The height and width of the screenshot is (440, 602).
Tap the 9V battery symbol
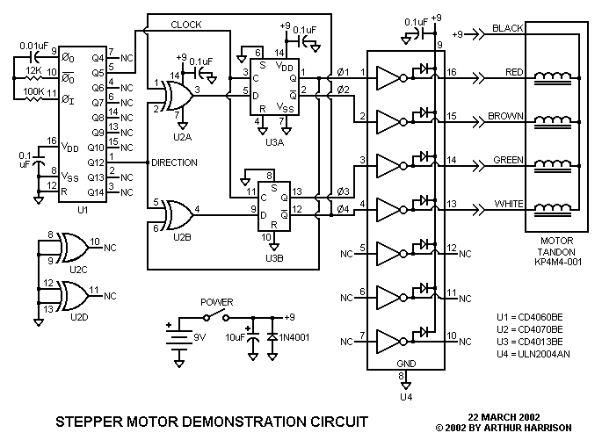(179, 338)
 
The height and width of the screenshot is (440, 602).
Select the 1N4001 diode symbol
(272, 337)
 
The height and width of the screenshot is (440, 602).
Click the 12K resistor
(33, 78)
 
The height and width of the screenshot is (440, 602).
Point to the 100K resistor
(33, 99)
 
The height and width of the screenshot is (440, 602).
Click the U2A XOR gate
(178, 96)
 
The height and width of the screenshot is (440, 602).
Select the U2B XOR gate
(178, 215)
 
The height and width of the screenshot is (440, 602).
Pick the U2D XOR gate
(74, 296)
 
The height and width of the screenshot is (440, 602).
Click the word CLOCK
(186, 25)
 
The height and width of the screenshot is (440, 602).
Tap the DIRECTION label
(174, 162)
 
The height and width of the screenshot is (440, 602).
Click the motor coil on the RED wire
(553, 78)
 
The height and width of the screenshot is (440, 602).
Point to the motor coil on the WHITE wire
(553, 209)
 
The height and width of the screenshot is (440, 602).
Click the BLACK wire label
(508, 28)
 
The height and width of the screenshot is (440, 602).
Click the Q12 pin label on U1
(96, 162)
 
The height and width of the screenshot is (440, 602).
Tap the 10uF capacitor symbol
(252, 340)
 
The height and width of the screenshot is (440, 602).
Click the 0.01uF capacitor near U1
(33, 57)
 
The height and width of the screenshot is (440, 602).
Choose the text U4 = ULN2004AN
(533, 354)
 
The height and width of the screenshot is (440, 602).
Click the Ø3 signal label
(343, 191)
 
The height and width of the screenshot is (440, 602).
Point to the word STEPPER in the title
(89, 422)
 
